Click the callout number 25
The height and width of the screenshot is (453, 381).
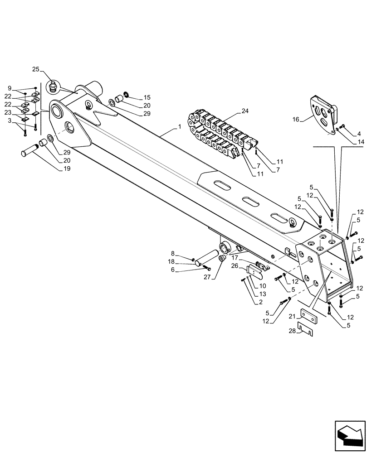click(36, 69)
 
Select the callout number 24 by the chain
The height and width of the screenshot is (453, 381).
click(245, 111)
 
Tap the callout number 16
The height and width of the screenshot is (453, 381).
click(296, 120)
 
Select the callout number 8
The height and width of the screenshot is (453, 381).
click(173, 253)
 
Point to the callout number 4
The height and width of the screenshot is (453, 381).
click(358, 134)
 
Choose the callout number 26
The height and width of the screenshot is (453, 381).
click(235, 266)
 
